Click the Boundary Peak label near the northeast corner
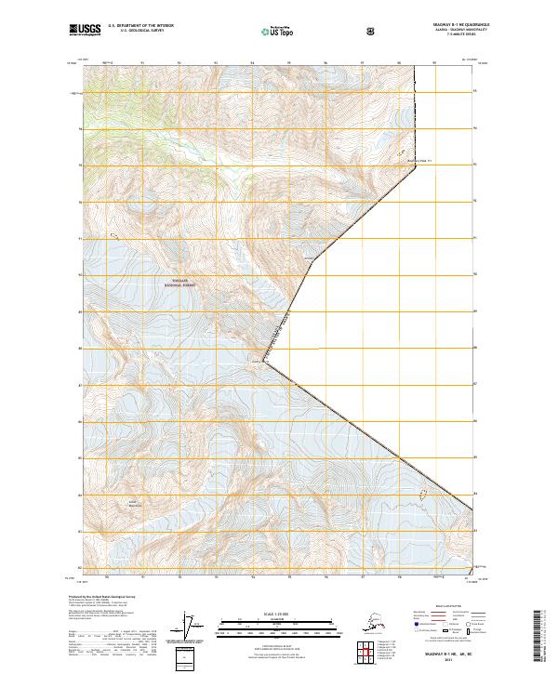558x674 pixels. point(422,160)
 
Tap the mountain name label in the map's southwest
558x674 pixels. point(133,505)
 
